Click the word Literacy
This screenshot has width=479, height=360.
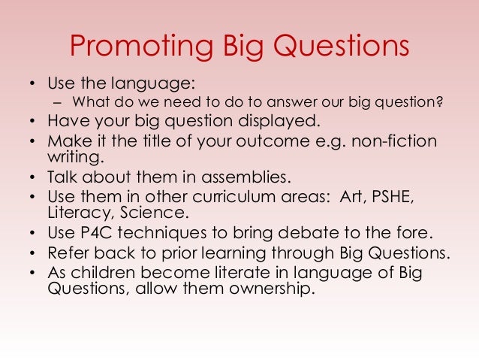(x=77, y=213)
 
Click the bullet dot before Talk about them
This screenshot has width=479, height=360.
(x=34, y=178)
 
